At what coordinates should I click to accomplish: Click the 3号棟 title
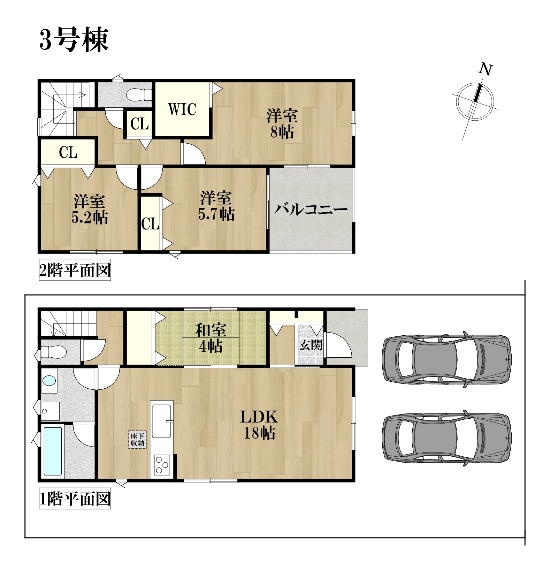tap(74, 40)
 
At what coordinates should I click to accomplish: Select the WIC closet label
tap(182, 109)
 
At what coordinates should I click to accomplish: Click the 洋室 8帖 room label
tap(282, 124)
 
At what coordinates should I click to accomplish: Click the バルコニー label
tap(310, 210)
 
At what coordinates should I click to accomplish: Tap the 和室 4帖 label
tap(211, 338)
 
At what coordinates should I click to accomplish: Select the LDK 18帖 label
tap(259, 425)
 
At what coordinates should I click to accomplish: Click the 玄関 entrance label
tap(311, 345)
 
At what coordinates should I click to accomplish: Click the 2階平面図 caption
tap(75, 270)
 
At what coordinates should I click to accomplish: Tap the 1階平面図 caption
tap(75, 499)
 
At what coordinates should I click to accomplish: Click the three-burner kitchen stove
tap(161, 465)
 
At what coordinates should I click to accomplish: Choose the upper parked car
tap(447, 359)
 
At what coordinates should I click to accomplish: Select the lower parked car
tap(447, 438)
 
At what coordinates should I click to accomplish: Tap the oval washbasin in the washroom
tap(49, 380)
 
